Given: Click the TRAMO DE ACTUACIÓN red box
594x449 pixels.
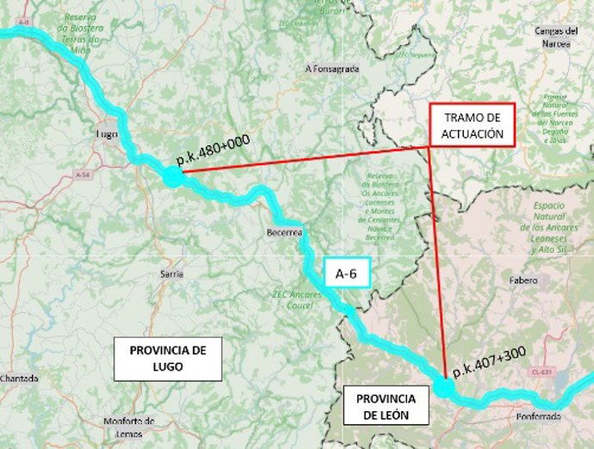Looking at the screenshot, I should tap(472, 126).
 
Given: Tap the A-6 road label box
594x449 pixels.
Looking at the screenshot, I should tap(346, 274).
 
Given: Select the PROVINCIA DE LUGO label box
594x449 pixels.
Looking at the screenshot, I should tap(169, 359).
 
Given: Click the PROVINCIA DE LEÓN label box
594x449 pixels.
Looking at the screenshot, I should tap(384, 407).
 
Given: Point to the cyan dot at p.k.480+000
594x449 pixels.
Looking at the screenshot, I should tap(172, 176).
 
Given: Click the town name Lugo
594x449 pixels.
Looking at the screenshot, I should tap(108, 135).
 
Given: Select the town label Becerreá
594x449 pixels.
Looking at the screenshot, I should tap(283, 232).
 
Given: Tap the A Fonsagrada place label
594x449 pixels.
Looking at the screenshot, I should tap(331, 68).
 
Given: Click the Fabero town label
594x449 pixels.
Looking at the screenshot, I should tap(523, 280).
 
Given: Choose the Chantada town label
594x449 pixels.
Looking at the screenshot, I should tap(19, 378).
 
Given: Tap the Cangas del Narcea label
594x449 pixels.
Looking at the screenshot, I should tap(556, 36).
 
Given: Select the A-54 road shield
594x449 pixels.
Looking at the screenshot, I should tap(83, 175).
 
